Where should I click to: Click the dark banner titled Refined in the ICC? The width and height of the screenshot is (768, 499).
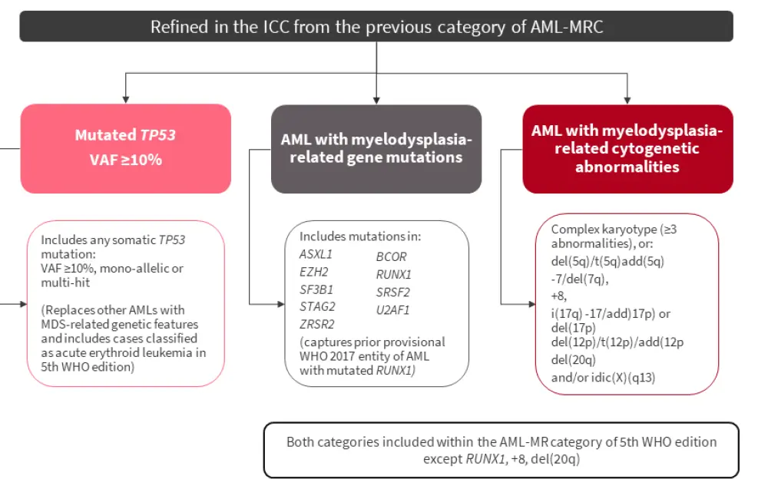point(376,27)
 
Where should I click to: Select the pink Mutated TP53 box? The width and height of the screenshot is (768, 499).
point(125,148)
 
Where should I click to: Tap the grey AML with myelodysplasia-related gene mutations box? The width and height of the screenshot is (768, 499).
point(376,148)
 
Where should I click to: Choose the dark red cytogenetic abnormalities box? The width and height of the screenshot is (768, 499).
point(627,148)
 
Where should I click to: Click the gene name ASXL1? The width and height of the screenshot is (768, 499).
point(315,254)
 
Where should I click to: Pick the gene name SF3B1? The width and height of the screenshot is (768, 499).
point(315,289)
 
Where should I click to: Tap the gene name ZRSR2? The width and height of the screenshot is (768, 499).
point(316,324)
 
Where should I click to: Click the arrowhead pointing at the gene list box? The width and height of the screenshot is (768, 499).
point(281,305)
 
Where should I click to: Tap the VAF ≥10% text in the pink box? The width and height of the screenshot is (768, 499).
point(125,161)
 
